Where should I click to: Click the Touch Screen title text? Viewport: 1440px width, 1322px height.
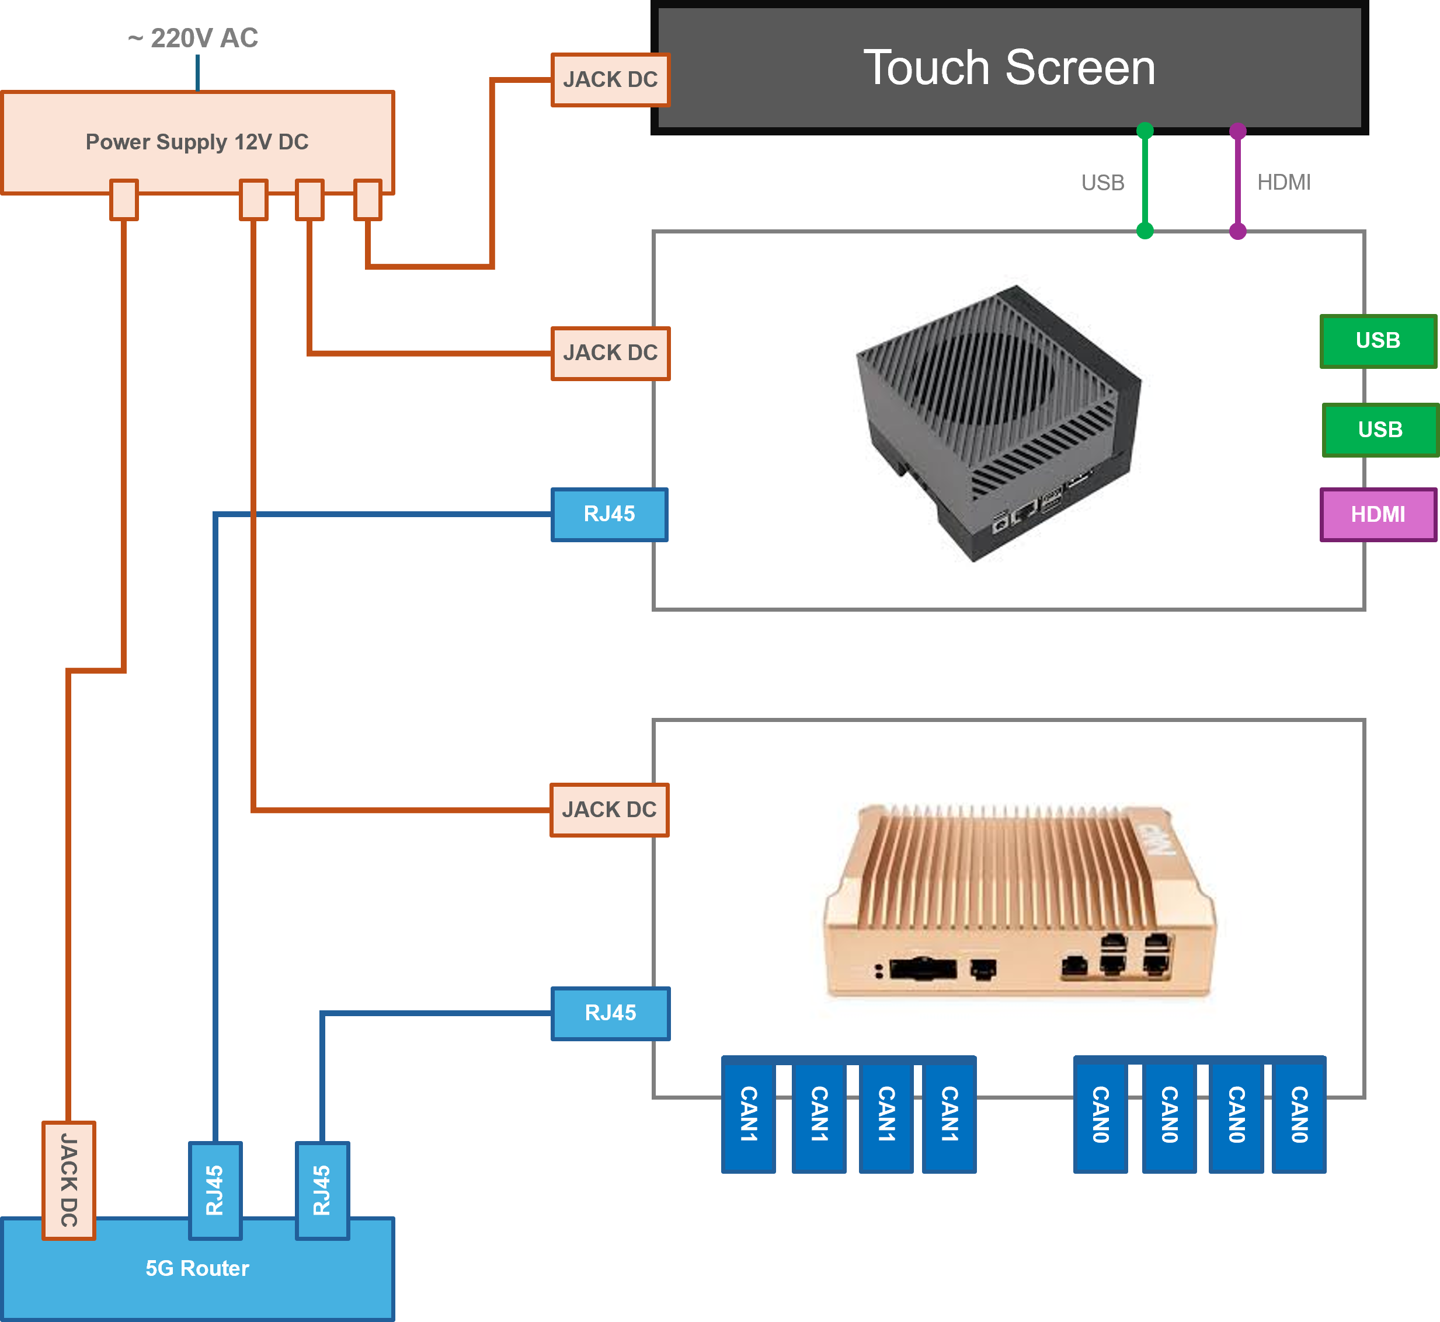pos(1009,68)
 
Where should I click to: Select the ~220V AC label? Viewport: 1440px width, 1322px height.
pos(193,38)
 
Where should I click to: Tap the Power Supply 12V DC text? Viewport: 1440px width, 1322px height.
pos(197,142)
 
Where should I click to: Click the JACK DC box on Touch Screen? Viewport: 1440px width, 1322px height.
pos(610,79)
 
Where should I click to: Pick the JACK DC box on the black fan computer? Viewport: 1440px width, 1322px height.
pos(610,353)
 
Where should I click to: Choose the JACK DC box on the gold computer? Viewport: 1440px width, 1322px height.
pos(609,810)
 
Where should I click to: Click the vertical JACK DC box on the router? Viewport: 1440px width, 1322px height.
pos(69,1180)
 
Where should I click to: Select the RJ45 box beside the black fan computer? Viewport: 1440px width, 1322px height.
pos(609,514)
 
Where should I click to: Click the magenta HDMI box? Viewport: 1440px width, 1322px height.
pos(1378,514)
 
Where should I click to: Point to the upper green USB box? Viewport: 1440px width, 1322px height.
pos(1378,340)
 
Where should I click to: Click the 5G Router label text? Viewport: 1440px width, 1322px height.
pos(197,1268)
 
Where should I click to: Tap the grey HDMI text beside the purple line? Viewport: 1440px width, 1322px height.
pos(1284,183)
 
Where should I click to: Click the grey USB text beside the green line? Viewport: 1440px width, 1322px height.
pos(1102,183)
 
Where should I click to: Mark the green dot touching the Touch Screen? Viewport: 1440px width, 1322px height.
pos(1145,131)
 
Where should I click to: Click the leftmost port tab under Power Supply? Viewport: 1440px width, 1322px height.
pos(124,200)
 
